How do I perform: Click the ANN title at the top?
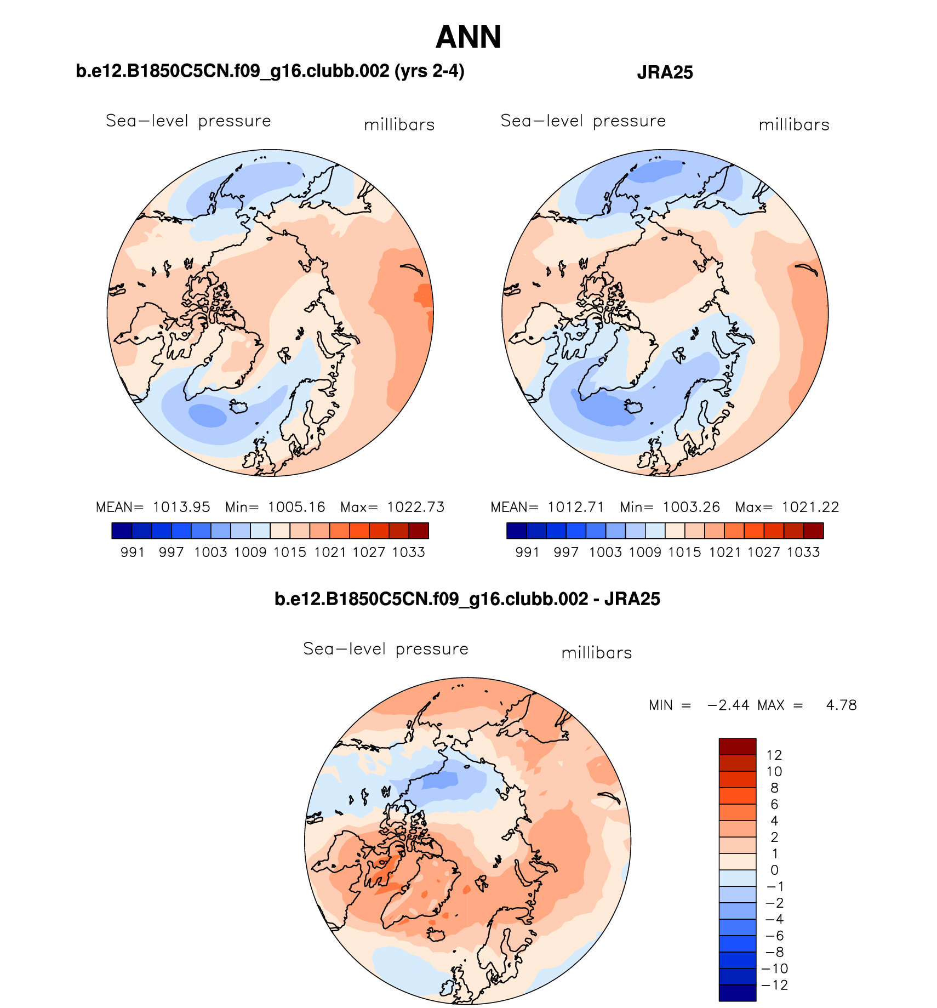point(468,37)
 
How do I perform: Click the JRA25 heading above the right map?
point(665,72)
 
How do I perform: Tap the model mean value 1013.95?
point(181,507)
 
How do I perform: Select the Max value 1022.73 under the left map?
point(416,507)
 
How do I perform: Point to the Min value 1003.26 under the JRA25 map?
point(692,507)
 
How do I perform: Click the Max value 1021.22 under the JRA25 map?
point(810,507)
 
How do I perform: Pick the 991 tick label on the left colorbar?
point(132,552)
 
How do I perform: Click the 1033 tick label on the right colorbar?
point(803,552)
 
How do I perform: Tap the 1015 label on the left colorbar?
point(290,552)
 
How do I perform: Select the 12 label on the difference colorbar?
point(774,755)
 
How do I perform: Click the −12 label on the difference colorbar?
point(775,985)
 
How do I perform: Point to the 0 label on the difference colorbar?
point(774,870)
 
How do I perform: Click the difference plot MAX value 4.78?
point(841,705)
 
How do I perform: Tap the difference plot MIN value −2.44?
point(728,705)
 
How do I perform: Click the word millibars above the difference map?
point(597,653)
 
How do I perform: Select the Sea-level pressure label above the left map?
point(188,121)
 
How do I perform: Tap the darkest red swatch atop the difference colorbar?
point(737,747)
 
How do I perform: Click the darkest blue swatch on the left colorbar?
point(122,531)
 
